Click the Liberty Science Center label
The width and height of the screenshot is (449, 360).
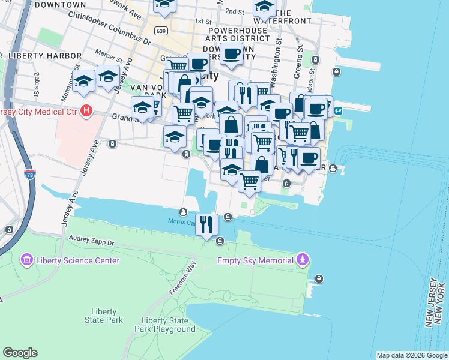tap(77, 260)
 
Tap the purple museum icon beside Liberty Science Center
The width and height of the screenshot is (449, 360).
tap(26, 260)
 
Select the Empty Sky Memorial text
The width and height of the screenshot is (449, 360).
tap(255, 260)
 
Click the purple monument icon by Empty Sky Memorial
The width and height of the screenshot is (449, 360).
tap(303, 260)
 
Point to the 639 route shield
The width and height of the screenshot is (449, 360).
tap(160, 31)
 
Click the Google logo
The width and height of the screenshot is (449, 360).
tap(20, 353)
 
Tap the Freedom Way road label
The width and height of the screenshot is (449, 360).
tap(182, 280)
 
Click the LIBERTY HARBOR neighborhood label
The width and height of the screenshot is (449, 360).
tap(44, 56)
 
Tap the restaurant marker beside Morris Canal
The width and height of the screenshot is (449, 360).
tap(206, 225)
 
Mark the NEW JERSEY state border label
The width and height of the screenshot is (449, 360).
tap(430, 303)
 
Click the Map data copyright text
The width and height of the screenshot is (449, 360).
tap(412, 355)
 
